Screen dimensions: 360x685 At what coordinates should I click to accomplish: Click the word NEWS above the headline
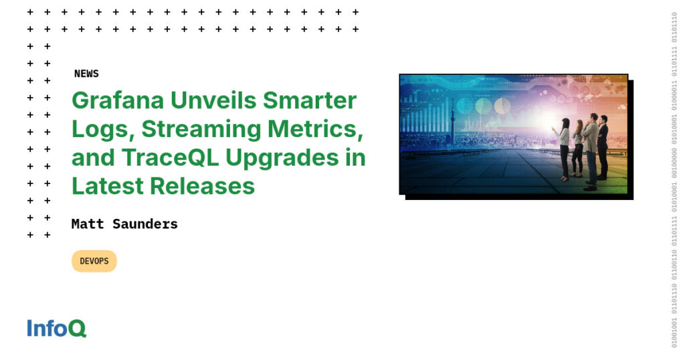click(86, 74)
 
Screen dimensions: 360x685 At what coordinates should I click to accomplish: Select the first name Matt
click(88, 224)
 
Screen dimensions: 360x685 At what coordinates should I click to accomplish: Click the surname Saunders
click(144, 224)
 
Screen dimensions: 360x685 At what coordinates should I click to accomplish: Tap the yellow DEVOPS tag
click(94, 261)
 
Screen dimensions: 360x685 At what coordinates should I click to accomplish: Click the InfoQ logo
click(57, 328)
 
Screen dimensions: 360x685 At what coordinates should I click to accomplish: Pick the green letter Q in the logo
click(78, 329)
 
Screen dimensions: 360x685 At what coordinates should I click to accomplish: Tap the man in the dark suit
click(603, 147)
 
